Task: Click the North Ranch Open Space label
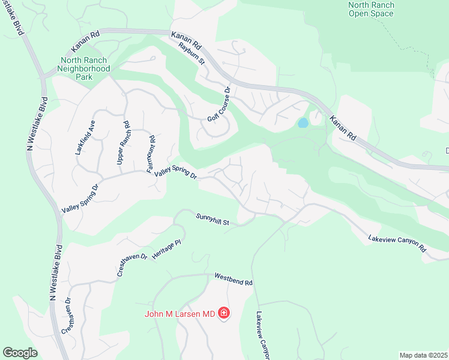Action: click(371, 10)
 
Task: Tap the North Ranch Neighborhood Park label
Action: click(85, 65)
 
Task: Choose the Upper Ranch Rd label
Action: click(122, 143)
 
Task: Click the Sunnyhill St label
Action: click(212, 220)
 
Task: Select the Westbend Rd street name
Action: click(234, 280)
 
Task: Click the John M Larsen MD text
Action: click(179, 313)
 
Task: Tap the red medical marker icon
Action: click(224, 313)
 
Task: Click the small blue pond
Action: click(303, 123)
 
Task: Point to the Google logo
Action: click(20, 352)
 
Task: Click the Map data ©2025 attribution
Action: click(423, 355)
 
